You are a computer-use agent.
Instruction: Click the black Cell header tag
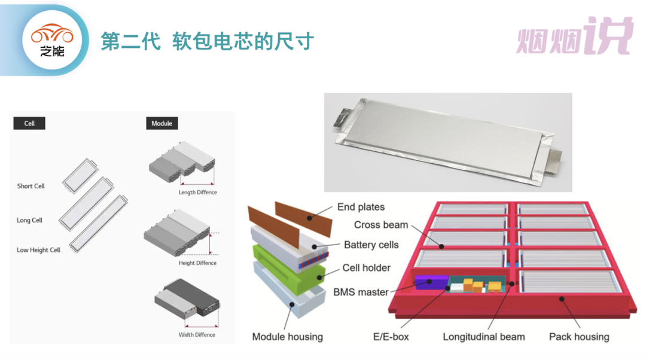pyautogui.click(x=29, y=123)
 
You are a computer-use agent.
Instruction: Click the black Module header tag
pyautogui.click(x=161, y=123)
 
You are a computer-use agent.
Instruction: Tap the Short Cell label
pyautogui.click(x=31, y=186)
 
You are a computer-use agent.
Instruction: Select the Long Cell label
pyautogui.click(x=30, y=220)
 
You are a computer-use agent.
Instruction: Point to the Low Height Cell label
pyautogui.click(x=38, y=250)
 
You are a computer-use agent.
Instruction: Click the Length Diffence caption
pyautogui.click(x=197, y=193)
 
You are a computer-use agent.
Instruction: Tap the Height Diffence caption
pyautogui.click(x=197, y=263)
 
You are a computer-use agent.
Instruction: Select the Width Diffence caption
pyautogui.click(x=197, y=335)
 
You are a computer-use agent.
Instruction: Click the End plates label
pyautogui.click(x=361, y=207)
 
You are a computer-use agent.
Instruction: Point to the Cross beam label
pyautogui.click(x=381, y=225)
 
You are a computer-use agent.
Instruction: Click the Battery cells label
pyautogui.click(x=371, y=245)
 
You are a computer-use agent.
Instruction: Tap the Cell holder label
pyautogui.click(x=366, y=268)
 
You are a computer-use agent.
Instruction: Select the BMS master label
pyautogui.click(x=361, y=292)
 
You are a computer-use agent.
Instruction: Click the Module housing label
pyautogui.click(x=287, y=337)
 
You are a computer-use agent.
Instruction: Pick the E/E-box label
pyautogui.click(x=391, y=337)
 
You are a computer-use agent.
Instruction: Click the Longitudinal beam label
pyautogui.click(x=484, y=337)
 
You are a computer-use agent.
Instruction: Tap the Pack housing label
pyautogui.click(x=579, y=337)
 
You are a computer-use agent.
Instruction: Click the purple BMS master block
pyautogui.click(x=431, y=283)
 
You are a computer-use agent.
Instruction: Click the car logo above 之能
pyautogui.click(x=52, y=35)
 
